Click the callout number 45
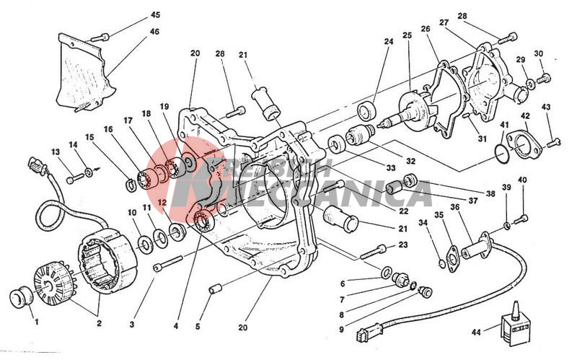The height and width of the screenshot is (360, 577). (x=156, y=15)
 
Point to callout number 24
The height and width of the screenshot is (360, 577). (x=389, y=42)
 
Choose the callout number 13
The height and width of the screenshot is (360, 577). (x=55, y=152)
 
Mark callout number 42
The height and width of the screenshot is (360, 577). (x=525, y=115)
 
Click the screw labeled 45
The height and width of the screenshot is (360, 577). (x=102, y=36)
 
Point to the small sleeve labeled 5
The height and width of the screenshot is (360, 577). (x=213, y=289)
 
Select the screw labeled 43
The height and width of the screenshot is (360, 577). (x=553, y=144)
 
